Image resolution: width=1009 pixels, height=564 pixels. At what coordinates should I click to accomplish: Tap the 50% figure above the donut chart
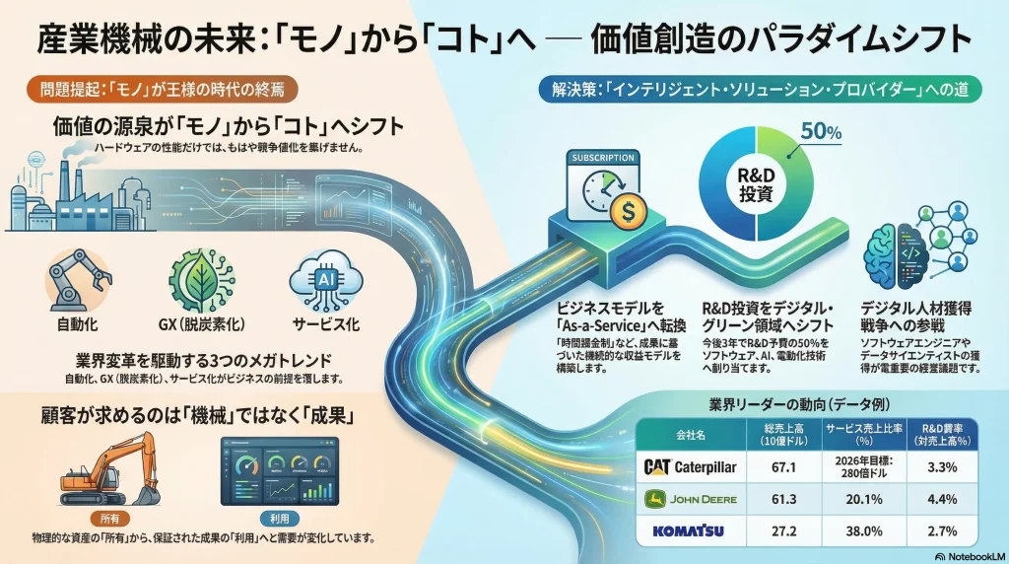(820, 130)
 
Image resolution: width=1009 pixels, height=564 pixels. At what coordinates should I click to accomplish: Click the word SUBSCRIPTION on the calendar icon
(603, 157)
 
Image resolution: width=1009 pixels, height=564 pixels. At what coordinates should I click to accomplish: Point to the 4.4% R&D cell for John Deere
(943, 498)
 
